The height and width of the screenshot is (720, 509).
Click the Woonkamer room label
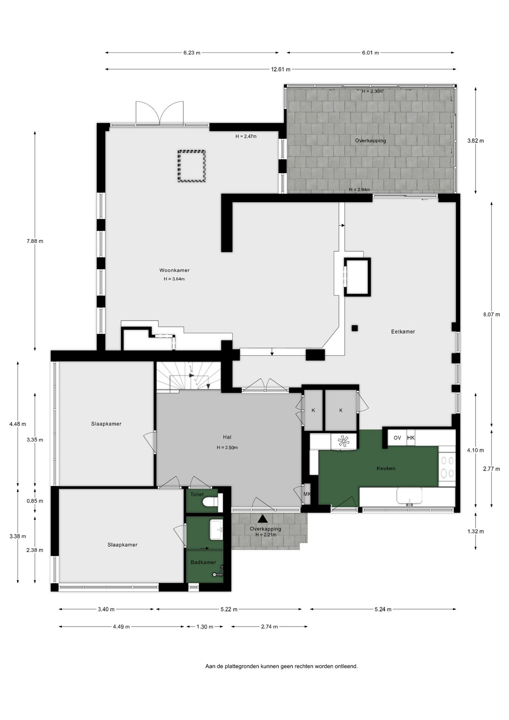pyautogui.click(x=174, y=270)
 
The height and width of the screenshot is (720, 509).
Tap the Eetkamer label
pyautogui.click(x=403, y=331)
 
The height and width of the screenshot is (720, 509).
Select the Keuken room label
pyautogui.click(x=386, y=468)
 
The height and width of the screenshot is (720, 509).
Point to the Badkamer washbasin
pyautogui.click(x=216, y=529)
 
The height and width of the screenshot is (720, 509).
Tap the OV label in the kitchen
pyautogui.click(x=397, y=438)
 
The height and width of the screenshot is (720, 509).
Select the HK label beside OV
pyautogui.click(x=411, y=438)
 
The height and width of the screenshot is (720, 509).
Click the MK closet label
pyautogui.click(x=307, y=494)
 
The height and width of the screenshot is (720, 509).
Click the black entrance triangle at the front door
pyautogui.click(x=263, y=519)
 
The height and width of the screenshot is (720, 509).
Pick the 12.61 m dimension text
pyautogui.click(x=281, y=69)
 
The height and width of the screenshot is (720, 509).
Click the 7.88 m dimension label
pyautogui.click(x=35, y=241)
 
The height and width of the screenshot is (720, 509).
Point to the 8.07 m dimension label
pyautogui.click(x=491, y=315)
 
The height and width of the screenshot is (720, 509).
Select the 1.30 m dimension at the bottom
pyautogui.click(x=205, y=627)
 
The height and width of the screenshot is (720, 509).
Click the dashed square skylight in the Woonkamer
pyautogui.click(x=192, y=166)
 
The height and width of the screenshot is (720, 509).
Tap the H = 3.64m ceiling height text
pyautogui.click(x=174, y=279)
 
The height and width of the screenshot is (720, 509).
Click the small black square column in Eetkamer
pyautogui.click(x=355, y=328)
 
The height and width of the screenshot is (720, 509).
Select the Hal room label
pyautogui.click(x=227, y=437)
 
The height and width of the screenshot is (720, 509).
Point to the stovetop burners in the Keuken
pyautogui.click(x=446, y=466)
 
